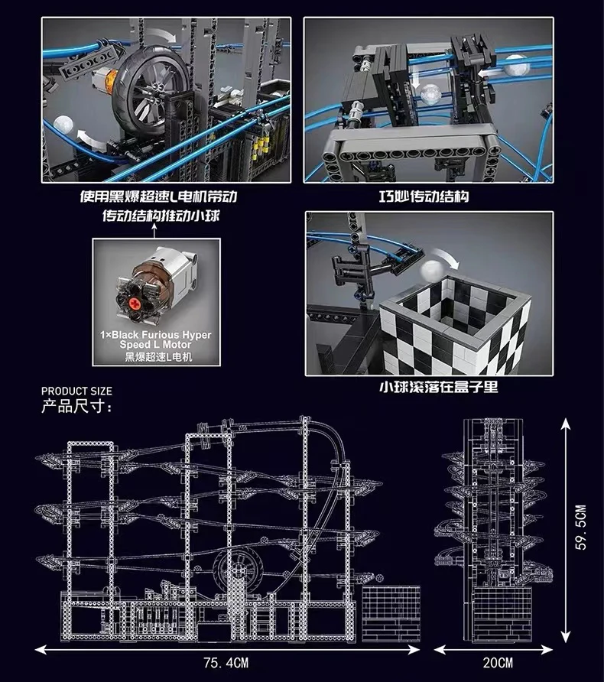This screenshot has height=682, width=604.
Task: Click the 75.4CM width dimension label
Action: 226,663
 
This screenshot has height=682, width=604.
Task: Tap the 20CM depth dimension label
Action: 498,663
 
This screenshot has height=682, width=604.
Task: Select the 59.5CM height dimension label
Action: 581,527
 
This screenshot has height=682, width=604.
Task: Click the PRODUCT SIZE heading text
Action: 76,391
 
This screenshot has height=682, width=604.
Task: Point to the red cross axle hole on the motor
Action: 135,302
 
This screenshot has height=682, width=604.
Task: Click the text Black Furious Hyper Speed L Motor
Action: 156,339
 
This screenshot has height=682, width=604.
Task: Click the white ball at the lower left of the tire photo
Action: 63,125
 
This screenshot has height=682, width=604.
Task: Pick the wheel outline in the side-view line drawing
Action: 239,569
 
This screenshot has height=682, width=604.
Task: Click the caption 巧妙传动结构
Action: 424,196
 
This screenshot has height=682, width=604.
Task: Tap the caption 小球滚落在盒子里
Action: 439,387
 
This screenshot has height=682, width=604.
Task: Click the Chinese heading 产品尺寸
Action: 76,406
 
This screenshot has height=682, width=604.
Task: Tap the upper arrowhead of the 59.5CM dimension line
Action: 565,424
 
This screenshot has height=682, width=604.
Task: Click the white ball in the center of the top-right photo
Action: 428,94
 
